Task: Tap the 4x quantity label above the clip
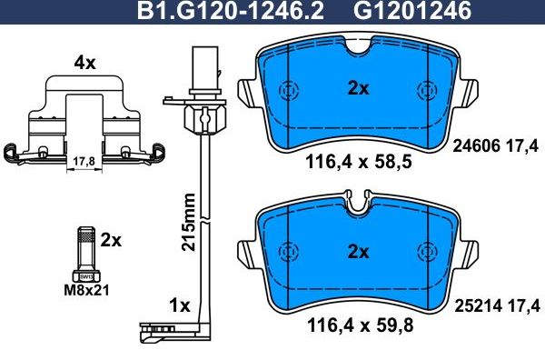(x=84, y=64)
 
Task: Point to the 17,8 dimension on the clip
(x=83, y=162)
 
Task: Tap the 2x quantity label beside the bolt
(x=111, y=240)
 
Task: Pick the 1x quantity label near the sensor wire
(x=181, y=306)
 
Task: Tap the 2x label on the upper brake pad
(x=358, y=88)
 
